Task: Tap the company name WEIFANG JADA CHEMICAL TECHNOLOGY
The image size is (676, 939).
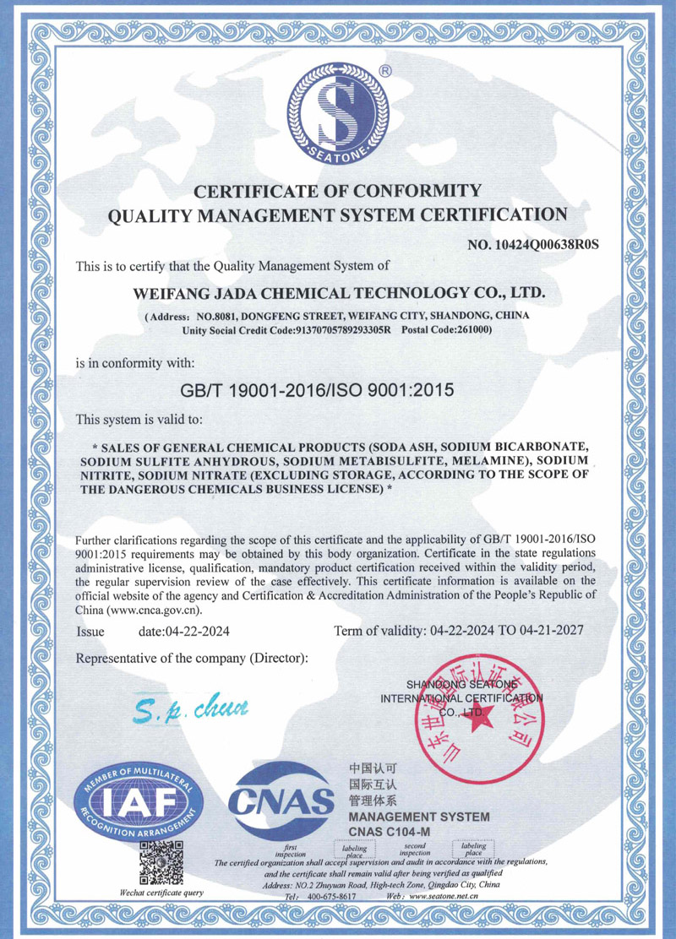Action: (341, 293)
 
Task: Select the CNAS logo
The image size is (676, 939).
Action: (283, 799)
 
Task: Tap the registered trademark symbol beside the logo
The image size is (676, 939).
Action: (384, 72)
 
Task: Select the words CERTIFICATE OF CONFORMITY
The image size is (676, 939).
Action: (338, 190)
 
